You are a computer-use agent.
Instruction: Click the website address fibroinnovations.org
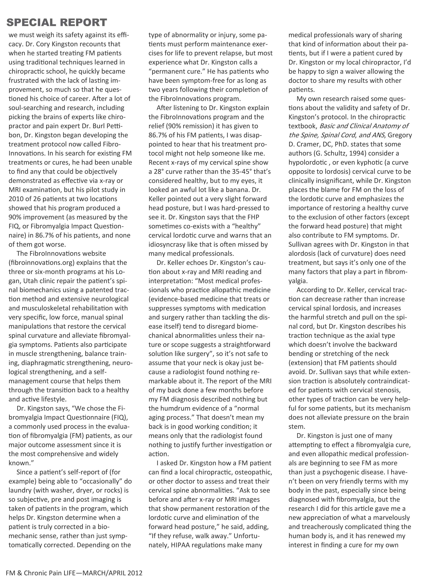[42, 263]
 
